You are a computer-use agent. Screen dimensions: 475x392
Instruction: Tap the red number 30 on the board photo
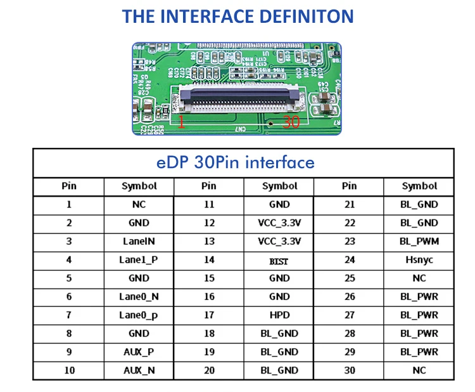pyautogui.click(x=291, y=122)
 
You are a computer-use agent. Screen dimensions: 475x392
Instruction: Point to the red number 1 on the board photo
pyautogui.click(x=181, y=122)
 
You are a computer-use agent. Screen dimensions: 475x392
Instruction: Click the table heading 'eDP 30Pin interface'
pyautogui.click(x=236, y=162)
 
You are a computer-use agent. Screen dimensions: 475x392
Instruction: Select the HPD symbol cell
pyautogui.click(x=279, y=315)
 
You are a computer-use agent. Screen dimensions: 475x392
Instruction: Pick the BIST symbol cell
pyautogui.click(x=279, y=260)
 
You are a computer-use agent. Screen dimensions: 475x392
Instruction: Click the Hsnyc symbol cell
pyautogui.click(x=419, y=259)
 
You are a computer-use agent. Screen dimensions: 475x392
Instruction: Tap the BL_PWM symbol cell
pyautogui.click(x=419, y=241)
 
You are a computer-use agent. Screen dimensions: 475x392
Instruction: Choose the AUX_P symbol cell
pyautogui.click(x=139, y=352)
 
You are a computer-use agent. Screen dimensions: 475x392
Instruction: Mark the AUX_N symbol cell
pyautogui.click(x=139, y=370)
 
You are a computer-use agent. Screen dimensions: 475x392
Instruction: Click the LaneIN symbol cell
pyautogui.click(x=139, y=241)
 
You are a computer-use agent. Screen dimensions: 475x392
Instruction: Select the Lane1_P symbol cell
pyautogui.click(x=139, y=259)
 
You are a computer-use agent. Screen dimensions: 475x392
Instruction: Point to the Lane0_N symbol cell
pyautogui.click(x=139, y=296)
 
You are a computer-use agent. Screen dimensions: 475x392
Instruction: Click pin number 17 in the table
pyautogui.click(x=208, y=315)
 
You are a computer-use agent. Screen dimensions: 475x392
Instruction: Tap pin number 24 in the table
pyautogui.click(x=349, y=259)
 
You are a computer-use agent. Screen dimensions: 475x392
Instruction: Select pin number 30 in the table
pyautogui.click(x=349, y=370)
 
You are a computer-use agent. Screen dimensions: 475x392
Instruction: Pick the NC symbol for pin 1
pyautogui.click(x=139, y=204)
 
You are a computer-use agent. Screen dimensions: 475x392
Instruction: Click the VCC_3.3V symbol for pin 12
pyautogui.click(x=279, y=223)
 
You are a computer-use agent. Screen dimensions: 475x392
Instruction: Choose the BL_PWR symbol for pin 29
pyautogui.click(x=419, y=352)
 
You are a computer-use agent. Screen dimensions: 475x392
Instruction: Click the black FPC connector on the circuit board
pyautogui.click(x=239, y=98)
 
